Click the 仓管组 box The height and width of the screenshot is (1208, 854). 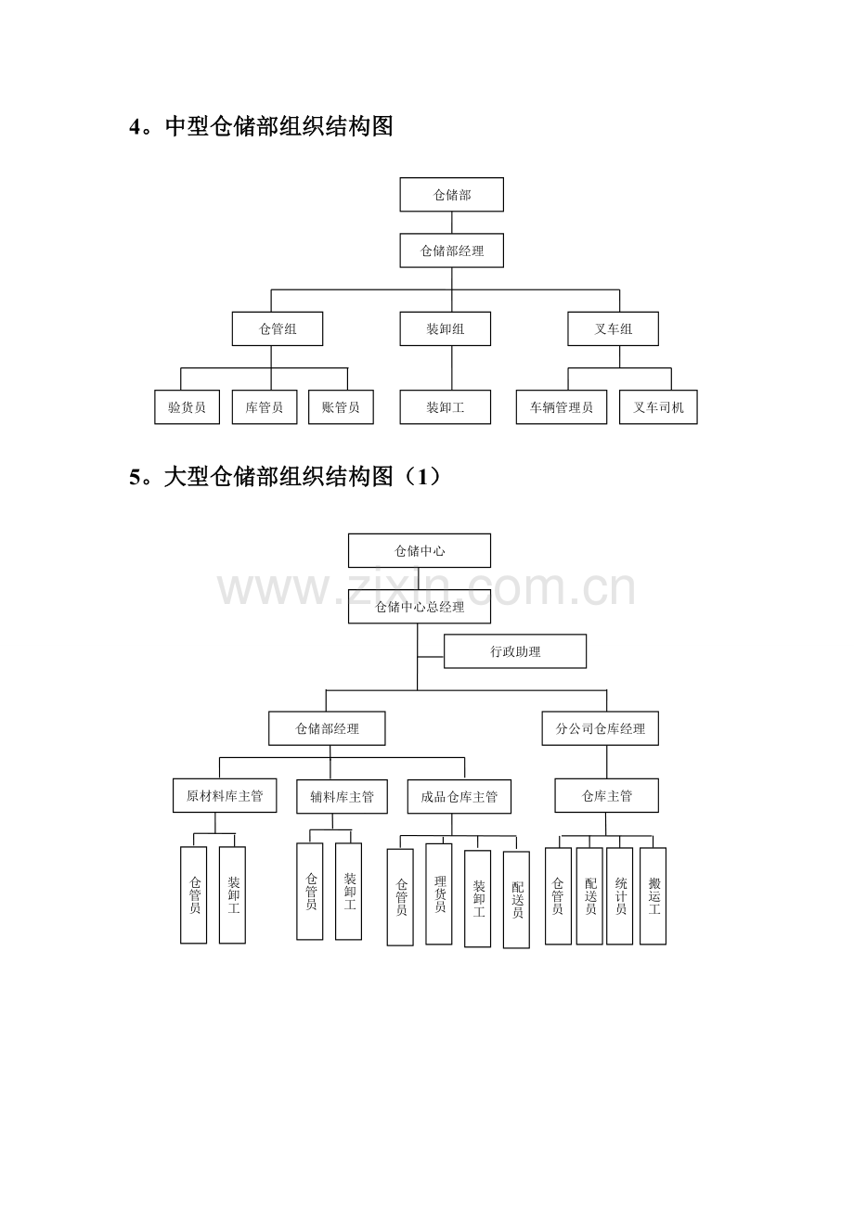click(x=278, y=328)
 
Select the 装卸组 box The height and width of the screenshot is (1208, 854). click(x=445, y=328)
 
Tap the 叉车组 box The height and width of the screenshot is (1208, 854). click(x=613, y=328)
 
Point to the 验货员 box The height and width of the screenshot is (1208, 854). click(x=187, y=406)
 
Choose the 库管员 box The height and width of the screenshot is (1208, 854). click(x=265, y=406)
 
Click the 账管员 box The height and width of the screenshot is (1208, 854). click(x=341, y=406)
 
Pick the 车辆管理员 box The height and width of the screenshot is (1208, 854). click(x=561, y=406)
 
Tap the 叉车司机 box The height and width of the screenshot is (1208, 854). click(x=658, y=406)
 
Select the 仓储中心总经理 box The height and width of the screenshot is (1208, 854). click(x=420, y=606)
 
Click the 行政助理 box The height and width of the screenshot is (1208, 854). click(x=515, y=651)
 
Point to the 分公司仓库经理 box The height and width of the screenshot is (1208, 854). click(x=600, y=728)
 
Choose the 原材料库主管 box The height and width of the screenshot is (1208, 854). click(x=225, y=795)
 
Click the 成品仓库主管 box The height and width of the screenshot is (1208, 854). click(x=459, y=796)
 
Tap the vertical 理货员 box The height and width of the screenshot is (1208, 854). click(x=438, y=893)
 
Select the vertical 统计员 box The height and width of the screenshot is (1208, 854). click(x=619, y=895)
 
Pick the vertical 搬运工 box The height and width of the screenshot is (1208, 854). click(x=653, y=895)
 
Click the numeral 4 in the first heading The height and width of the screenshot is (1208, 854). click(x=135, y=127)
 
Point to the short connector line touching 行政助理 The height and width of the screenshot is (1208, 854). click(x=431, y=657)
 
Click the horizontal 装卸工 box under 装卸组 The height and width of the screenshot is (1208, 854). click(x=445, y=406)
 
